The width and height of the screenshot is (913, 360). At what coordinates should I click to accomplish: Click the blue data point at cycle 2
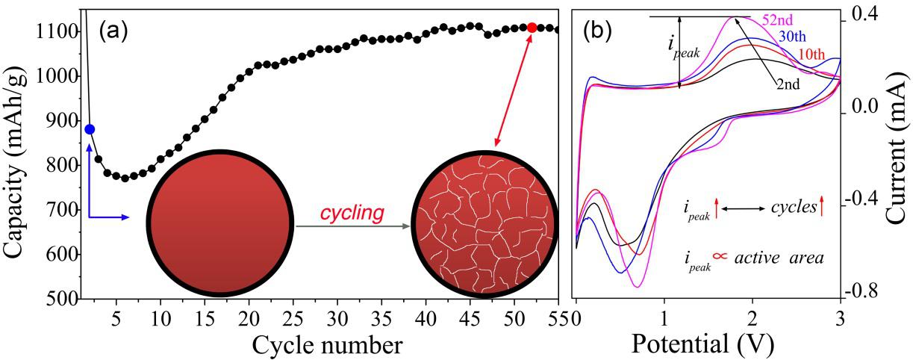tap(90, 129)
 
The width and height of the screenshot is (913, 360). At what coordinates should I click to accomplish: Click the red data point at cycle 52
tap(532, 28)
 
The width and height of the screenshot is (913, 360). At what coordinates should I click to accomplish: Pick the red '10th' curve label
tap(811, 55)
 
